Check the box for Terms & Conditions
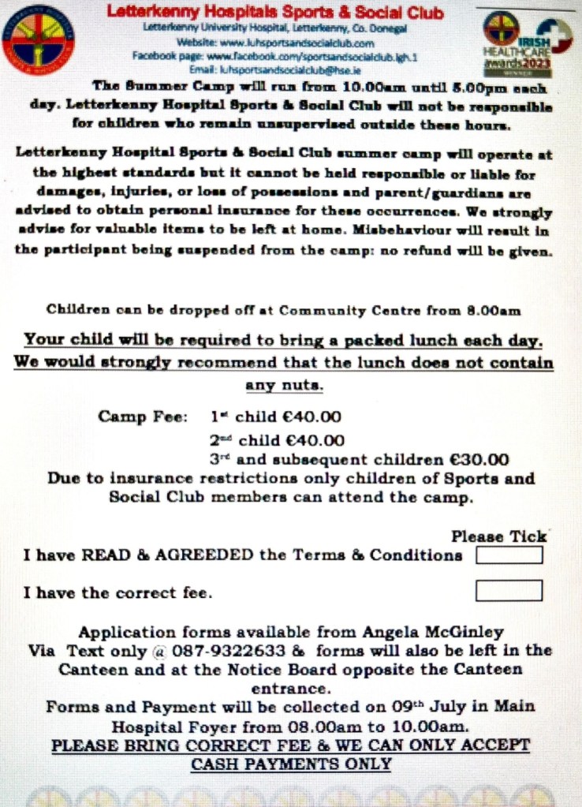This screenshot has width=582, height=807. point(509,555)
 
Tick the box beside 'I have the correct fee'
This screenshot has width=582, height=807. point(509,590)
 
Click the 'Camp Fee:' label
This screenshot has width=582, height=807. point(143,417)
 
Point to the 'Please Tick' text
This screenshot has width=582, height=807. point(498,536)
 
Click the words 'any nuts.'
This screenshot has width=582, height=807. point(285,385)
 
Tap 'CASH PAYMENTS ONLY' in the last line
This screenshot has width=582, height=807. point(291,764)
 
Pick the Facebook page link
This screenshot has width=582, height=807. point(274,56)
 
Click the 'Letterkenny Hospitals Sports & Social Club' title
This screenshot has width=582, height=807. point(274,13)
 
